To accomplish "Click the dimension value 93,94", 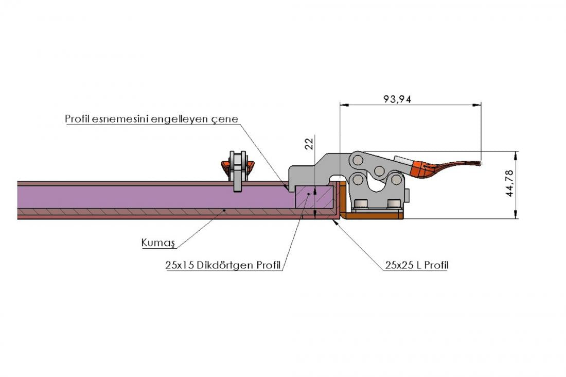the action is [397, 99].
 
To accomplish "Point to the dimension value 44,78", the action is [509, 183].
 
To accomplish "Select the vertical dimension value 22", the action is [309, 144].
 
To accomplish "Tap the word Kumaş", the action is [158, 243].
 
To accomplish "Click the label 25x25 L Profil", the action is [417, 265].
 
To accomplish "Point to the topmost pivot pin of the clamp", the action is [358, 160].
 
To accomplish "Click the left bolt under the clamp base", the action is [362, 204].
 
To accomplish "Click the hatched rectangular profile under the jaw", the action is [314, 197].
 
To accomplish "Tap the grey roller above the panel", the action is [238, 170].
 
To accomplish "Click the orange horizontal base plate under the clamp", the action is [372, 216].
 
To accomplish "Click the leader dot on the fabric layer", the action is [224, 210].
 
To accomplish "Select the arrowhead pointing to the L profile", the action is [337, 222].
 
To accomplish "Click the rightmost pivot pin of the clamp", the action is [396, 180].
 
